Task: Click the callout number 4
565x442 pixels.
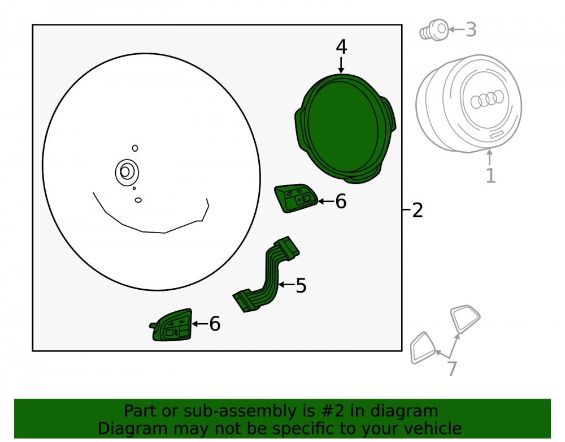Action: (x=341, y=47)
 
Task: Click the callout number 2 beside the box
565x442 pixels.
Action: (x=418, y=210)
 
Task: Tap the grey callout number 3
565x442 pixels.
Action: (x=471, y=29)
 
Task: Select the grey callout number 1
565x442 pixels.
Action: (x=490, y=175)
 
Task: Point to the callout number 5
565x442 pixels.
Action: (x=301, y=286)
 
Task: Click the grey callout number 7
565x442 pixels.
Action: (x=452, y=368)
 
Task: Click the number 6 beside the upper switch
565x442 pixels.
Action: (x=341, y=201)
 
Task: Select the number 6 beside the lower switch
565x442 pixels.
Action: (x=215, y=324)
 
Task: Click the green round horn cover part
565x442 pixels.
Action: (x=345, y=128)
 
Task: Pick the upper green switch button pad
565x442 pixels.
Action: (x=295, y=199)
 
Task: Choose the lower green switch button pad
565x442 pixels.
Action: (x=171, y=325)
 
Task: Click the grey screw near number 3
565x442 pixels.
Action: (x=434, y=31)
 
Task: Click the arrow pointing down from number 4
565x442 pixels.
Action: (x=341, y=65)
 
